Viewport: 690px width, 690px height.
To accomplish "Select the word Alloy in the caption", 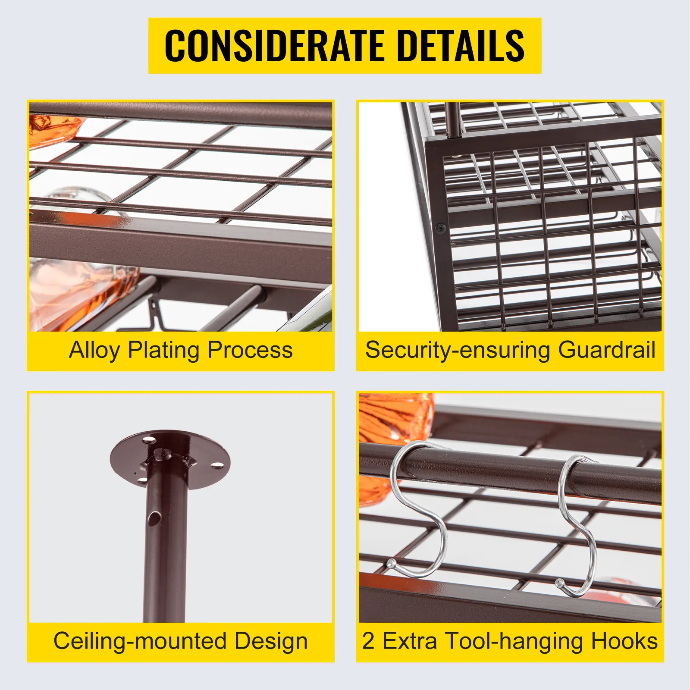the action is click(94, 351).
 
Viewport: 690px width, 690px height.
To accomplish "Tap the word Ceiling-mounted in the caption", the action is click(141, 641).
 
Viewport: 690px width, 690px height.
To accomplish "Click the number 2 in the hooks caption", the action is click(368, 641).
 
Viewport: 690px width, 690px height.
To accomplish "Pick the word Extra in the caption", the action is click(410, 641).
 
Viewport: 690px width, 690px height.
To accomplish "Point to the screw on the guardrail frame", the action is click(440, 228).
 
